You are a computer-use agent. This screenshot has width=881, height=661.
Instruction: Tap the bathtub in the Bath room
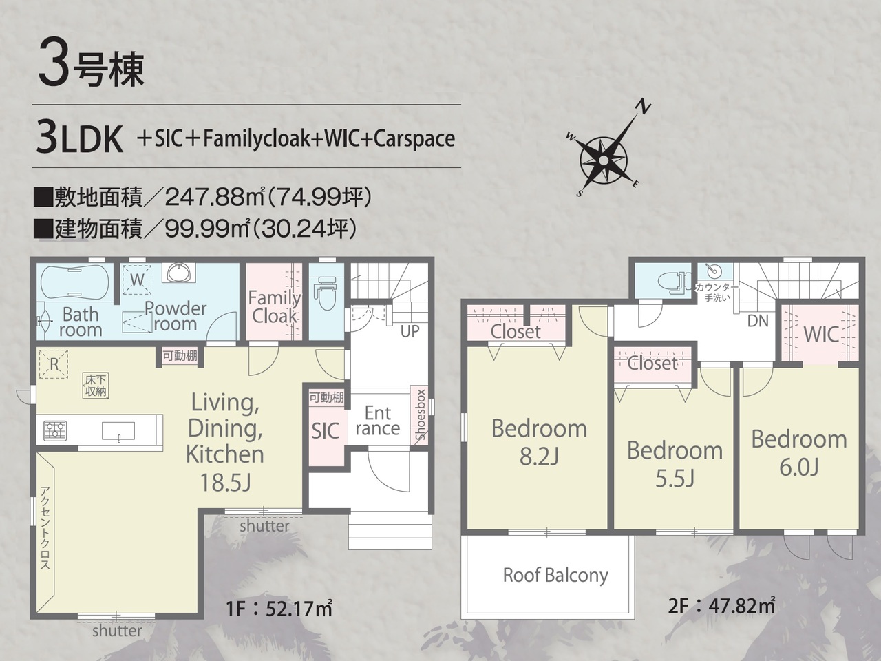click(x=74, y=282)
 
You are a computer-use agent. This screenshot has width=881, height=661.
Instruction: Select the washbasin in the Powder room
click(x=178, y=273)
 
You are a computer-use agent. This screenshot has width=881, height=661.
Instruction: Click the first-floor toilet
click(x=327, y=293)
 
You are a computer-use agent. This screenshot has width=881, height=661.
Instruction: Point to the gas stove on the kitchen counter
click(x=55, y=430)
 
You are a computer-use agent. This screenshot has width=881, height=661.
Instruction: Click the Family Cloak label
click(x=275, y=307)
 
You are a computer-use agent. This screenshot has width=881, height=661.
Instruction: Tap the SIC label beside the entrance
click(x=326, y=430)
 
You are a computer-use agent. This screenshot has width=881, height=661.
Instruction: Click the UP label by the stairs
click(x=410, y=331)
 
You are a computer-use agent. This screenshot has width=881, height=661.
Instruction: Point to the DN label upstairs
click(x=758, y=321)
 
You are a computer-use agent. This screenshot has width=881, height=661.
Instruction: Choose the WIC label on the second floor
click(x=821, y=334)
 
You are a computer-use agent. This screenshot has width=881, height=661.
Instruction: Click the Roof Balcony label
click(x=555, y=575)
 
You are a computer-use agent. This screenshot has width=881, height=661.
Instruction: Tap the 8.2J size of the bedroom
click(x=539, y=457)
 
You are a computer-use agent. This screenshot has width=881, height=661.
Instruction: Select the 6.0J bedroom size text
click(x=798, y=467)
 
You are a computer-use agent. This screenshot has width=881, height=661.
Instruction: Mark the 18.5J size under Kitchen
click(x=225, y=483)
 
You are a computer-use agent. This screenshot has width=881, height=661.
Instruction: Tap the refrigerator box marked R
click(x=54, y=364)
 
